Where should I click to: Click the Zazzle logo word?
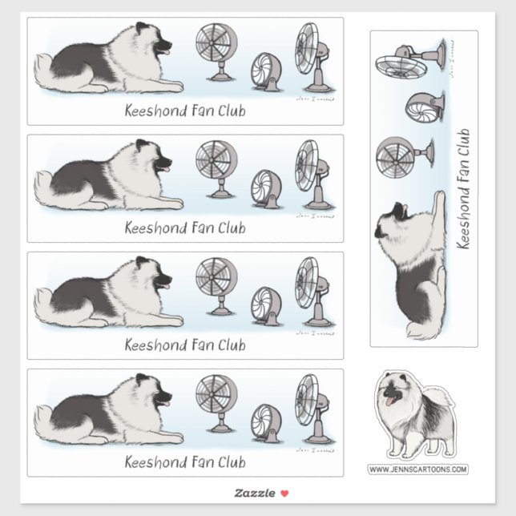pos(252,493)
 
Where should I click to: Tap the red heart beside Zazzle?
pos(284,493)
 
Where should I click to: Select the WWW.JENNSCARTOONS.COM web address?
pos(417,469)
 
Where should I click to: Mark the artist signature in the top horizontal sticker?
pos(315,99)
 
